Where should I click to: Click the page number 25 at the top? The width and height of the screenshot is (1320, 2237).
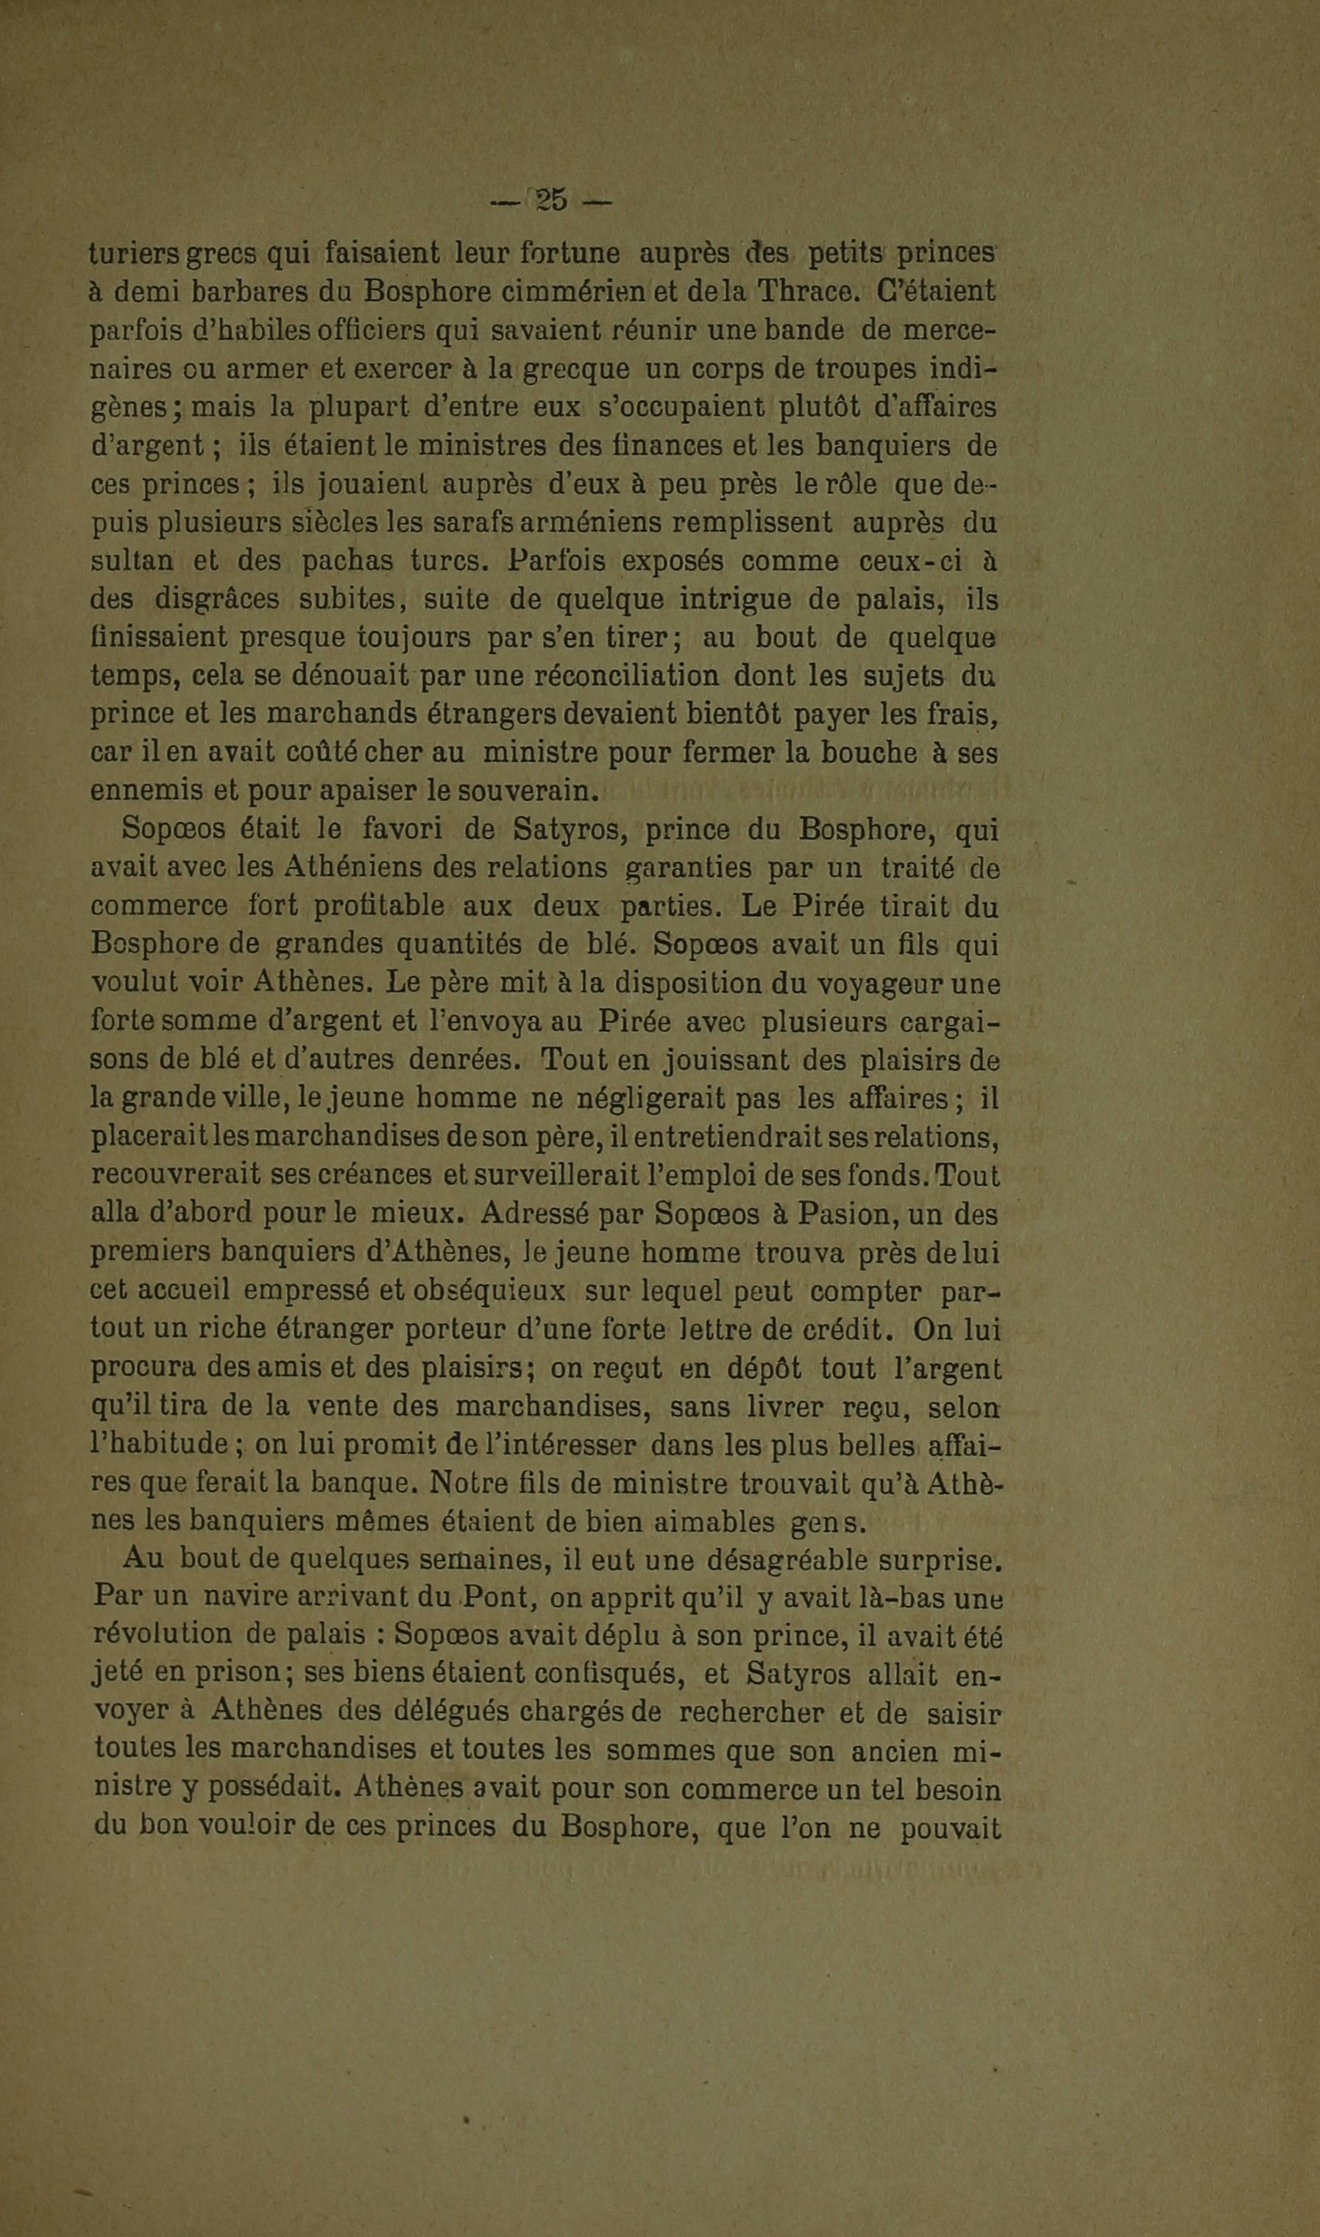(x=552, y=201)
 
